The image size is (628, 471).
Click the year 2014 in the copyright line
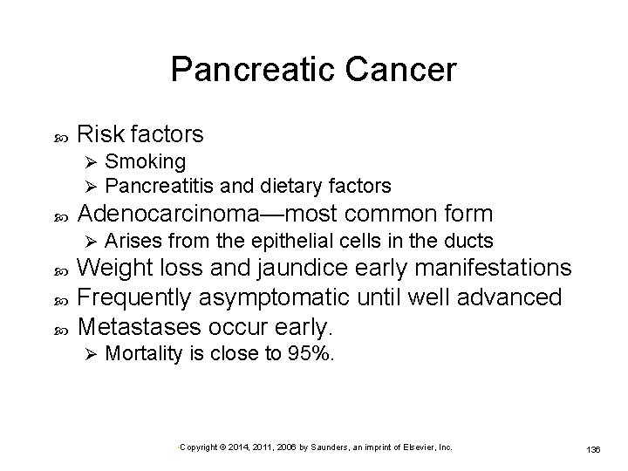[232, 447]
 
